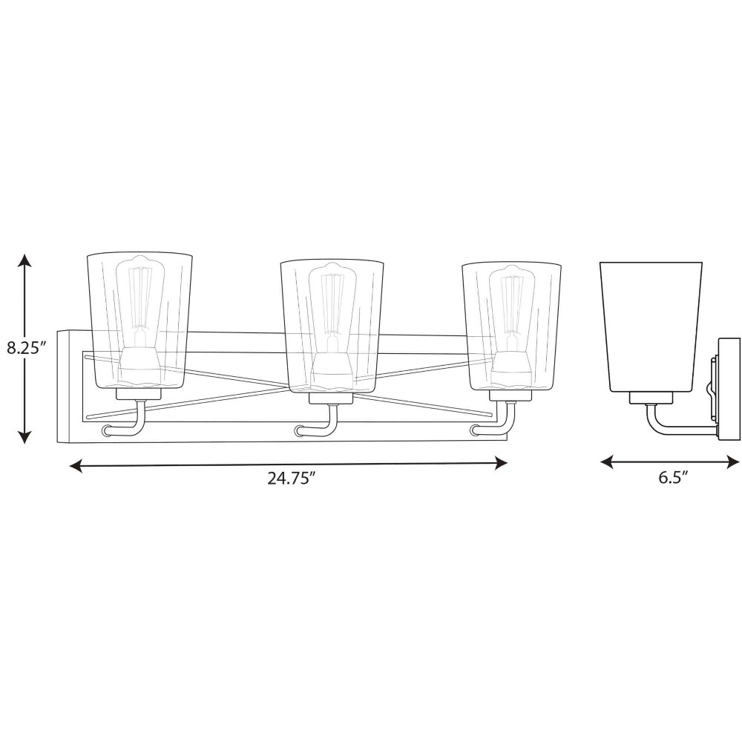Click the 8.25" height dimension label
point(25,348)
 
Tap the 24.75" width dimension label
point(291,479)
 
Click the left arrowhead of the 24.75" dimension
point(77,466)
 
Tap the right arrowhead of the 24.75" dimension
point(500,463)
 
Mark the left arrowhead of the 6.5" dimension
point(608,462)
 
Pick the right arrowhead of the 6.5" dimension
point(732,462)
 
